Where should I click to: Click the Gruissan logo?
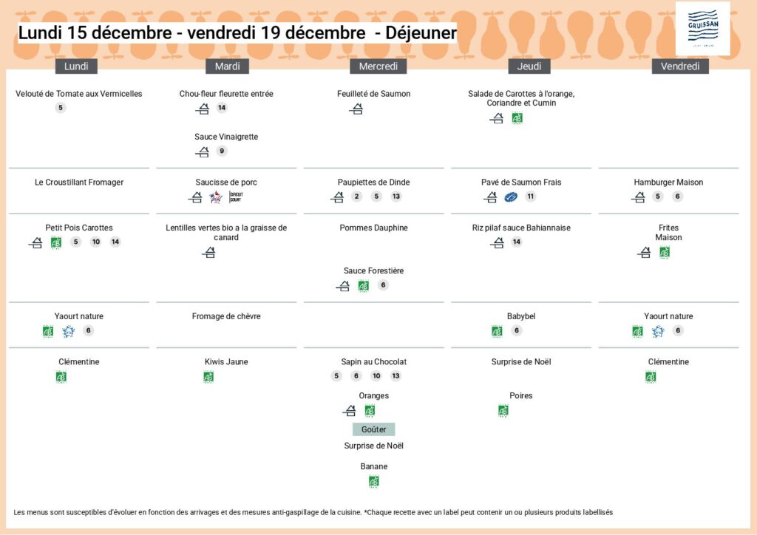702,29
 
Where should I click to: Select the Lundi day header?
76,67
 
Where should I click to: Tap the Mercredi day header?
378,67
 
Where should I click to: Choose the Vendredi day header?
679,67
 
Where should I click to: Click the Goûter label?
373,429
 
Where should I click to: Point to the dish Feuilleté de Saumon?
373,94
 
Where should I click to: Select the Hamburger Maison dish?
668,183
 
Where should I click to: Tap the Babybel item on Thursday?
521,316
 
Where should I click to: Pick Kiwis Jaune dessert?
226,362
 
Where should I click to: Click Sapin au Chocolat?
373,362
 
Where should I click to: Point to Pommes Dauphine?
373,228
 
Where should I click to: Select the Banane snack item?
373,466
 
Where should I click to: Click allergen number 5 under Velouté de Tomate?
61,108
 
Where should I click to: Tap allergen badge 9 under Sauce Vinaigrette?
222,151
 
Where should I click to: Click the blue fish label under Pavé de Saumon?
511,197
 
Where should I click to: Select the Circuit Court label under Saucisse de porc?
235,197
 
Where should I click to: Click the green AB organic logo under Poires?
503,411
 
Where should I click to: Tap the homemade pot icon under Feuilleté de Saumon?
356,109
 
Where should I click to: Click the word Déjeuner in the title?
421,33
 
